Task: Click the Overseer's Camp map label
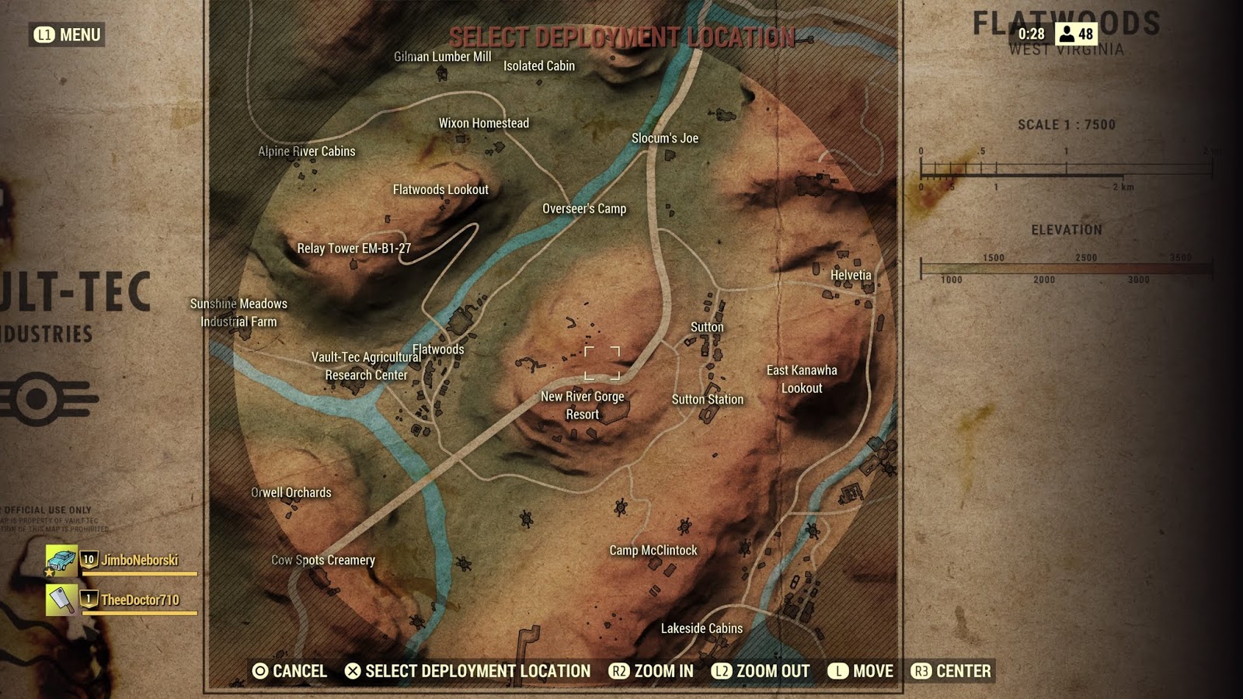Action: [x=584, y=209]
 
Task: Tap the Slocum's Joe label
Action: [x=665, y=138]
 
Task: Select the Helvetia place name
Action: [x=851, y=275]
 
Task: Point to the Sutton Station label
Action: [x=708, y=399]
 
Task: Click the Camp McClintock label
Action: [x=653, y=550]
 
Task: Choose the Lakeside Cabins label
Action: [x=702, y=628]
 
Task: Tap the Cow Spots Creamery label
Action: [x=323, y=560]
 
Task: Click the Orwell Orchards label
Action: [x=291, y=492]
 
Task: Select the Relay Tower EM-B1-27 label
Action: [x=354, y=249]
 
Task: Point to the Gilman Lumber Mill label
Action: [x=442, y=57]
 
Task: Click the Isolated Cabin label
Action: [x=539, y=66]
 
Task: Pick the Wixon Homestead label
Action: [x=484, y=123]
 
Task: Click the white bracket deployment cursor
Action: [x=602, y=363]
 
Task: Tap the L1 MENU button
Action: [x=68, y=35]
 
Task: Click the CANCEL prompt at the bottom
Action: [x=290, y=671]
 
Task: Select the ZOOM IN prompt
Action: [x=652, y=671]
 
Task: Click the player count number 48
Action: [x=1085, y=34]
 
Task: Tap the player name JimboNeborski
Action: [x=140, y=560]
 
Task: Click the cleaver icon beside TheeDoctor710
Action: [x=61, y=600]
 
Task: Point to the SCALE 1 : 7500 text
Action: [x=1067, y=124]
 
